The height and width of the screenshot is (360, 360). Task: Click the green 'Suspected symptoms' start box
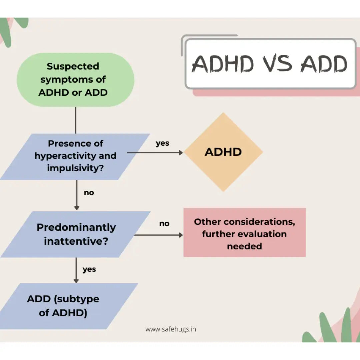click(75, 80)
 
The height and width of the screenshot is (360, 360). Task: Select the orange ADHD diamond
click(223, 152)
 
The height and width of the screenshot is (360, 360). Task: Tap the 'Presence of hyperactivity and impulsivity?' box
click(75, 156)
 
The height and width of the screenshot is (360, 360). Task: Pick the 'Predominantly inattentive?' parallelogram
click(76, 234)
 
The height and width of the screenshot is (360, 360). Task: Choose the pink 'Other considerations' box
click(244, 233)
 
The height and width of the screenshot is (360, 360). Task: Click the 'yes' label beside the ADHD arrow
click(162, 143)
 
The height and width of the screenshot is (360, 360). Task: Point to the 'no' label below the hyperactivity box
click(89, 193)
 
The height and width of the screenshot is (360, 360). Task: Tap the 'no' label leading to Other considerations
click(164, 224)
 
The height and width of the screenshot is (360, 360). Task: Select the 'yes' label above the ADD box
click(89, 269)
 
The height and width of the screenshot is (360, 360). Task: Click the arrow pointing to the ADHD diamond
click(155, 153)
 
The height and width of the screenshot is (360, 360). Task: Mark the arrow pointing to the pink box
click(158, 235)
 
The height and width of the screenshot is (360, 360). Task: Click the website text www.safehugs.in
click(171, 329)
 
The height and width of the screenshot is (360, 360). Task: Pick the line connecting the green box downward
click(76, 120)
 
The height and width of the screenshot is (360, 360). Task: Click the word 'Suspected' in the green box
click(73, 66)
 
